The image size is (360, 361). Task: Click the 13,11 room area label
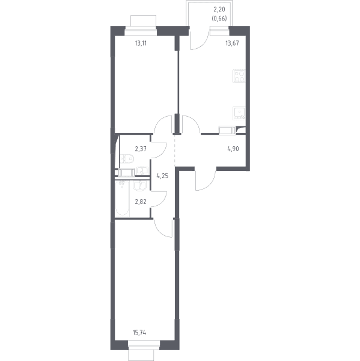tap(141, 43)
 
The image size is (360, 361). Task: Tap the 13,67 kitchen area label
tap(232, 43)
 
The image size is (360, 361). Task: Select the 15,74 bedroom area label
tap(139, 333)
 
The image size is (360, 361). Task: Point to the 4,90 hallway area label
tap(233, 149)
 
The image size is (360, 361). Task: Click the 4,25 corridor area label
tap(162, 176)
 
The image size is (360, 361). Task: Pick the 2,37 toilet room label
tap(141, 149)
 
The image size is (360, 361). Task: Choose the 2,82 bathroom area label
tap(141, 202)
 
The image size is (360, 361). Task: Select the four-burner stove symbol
tap(239, 76)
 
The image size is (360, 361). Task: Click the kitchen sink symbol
tap(239, 113)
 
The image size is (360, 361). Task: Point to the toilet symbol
tap(127, 158)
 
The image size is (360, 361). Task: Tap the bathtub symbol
tap(122, 199)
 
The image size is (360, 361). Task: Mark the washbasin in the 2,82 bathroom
tap(139, 185)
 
